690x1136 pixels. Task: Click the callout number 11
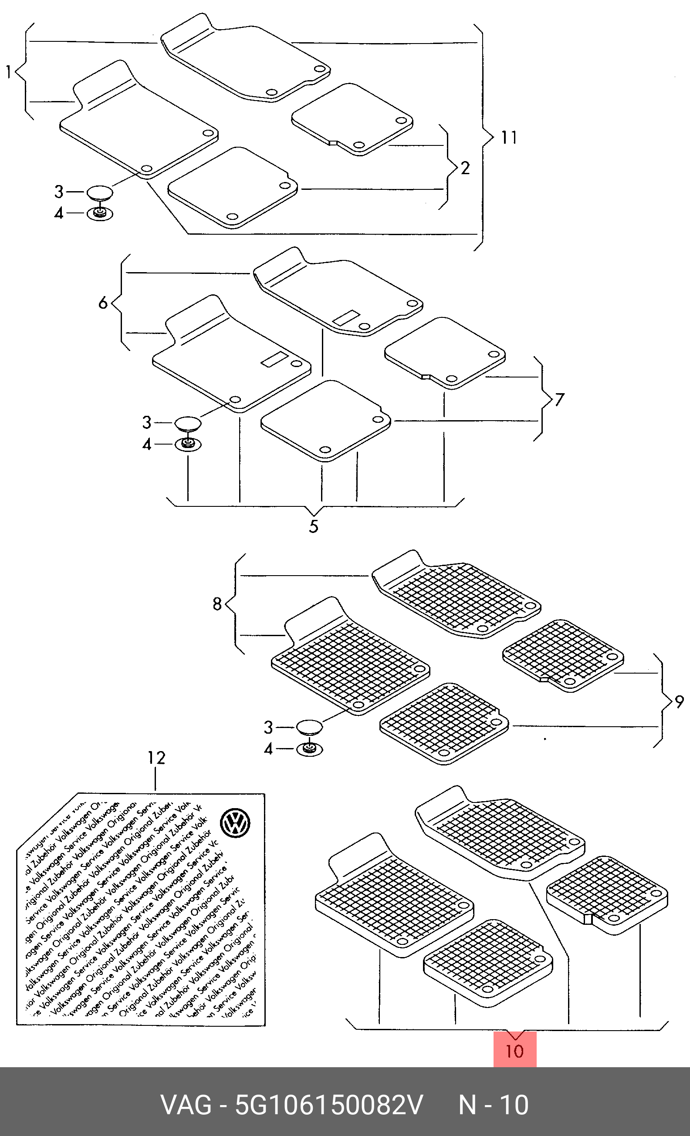[x=509, y=138]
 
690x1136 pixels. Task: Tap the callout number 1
[x=8, y=72]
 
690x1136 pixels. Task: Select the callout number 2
[x=465, y=168]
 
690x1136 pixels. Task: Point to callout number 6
[x=103, y=303]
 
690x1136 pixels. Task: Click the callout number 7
[x=559, y=399]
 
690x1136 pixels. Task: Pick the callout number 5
[x=314, y=526]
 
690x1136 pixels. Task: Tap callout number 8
[x=217, y=603]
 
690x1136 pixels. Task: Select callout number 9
[x=679, y=702]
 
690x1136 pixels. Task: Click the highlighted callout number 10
[x=514, y=1051]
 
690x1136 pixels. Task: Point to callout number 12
[x=156, y=758]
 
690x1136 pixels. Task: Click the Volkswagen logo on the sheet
[x=235, y=824]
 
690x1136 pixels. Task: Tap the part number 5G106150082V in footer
[x=329, y=1105]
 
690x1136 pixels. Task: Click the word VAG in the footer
[x=186, y=1105]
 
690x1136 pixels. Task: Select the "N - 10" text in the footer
[x=493, y=1105]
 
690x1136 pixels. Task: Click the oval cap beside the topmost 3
[x=100, y=192]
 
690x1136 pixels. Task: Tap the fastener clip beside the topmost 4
[x=100, y=213]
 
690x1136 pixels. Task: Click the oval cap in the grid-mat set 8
[x=309, y=727]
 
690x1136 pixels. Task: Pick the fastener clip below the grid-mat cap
[x=309, y=749]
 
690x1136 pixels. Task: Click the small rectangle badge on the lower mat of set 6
[x=274, y=359]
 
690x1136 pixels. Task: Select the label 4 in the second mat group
[x=147, y=445]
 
